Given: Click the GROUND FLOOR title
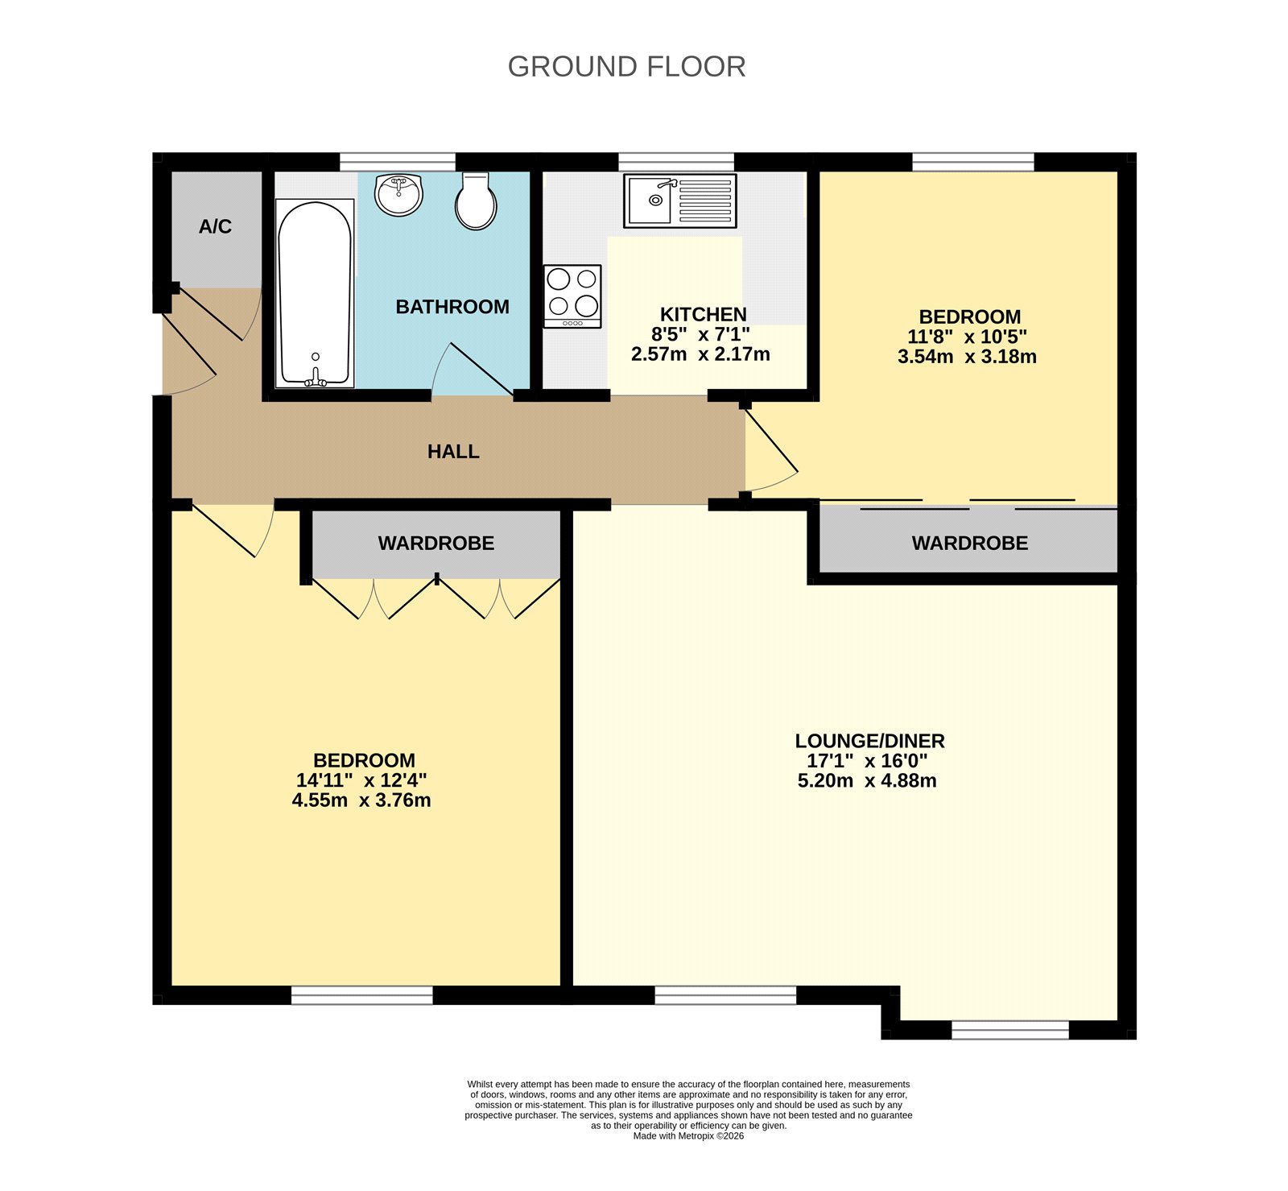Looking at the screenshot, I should point(626,67).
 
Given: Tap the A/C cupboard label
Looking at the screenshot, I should point(215,227).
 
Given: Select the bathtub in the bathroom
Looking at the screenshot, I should point(314,294).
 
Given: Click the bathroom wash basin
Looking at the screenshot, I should point(399,195).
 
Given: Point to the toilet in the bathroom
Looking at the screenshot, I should point(476,203).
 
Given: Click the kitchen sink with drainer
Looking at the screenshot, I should point(679,201).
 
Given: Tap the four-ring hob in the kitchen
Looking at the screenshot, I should point(572,296).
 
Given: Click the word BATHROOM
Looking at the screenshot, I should point(452,307).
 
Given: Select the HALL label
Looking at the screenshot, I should point(453,452).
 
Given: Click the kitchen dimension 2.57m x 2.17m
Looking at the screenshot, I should point(700,354).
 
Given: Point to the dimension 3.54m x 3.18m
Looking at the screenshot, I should point(967,357).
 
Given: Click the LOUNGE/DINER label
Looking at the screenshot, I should point(869,741).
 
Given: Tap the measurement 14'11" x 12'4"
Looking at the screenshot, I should point(361,780).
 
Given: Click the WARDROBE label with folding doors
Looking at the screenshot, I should point(436,544).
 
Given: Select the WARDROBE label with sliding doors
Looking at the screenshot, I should point(969,544).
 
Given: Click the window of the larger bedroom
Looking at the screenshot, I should point(361,996).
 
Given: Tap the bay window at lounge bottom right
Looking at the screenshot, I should point(1009,1030).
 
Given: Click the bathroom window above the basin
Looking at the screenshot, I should point(397,162).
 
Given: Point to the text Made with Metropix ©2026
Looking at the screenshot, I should point(688,1136).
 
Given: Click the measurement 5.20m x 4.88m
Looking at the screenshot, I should point(867,781).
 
